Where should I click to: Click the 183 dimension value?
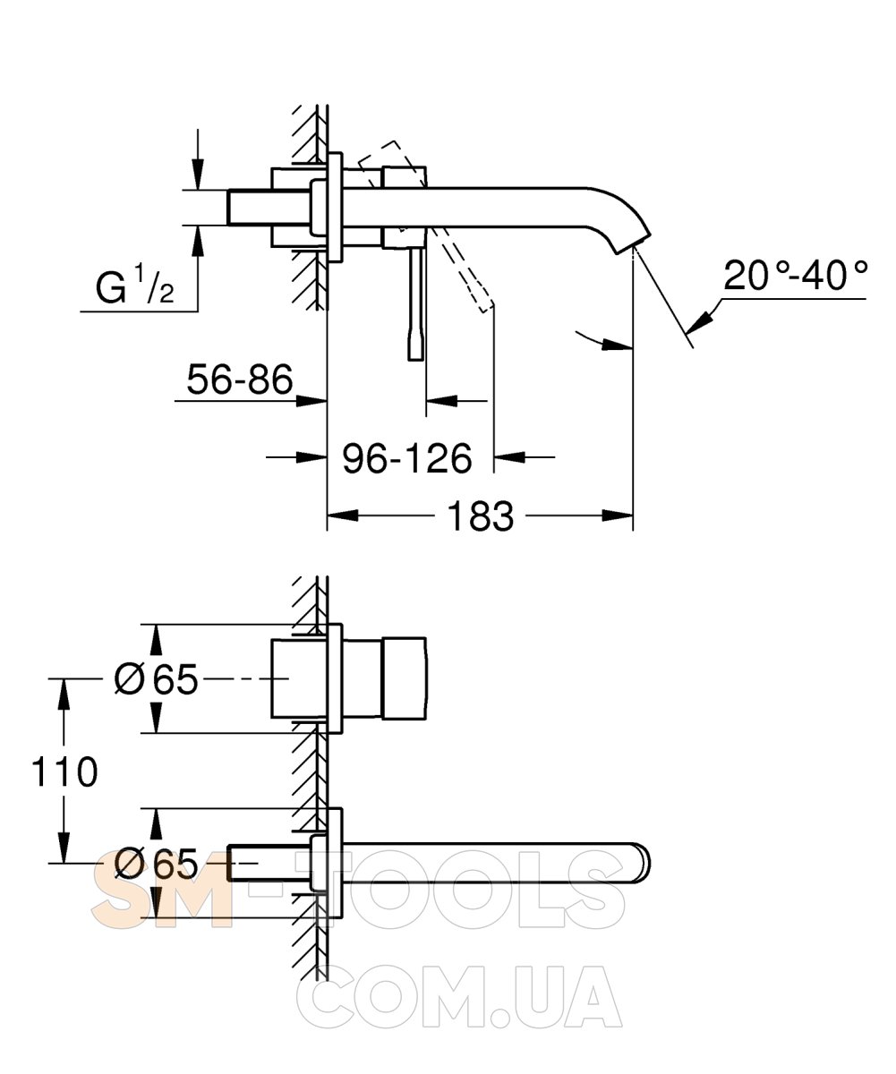pos(481,516)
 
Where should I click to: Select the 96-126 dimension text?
pos(407,457)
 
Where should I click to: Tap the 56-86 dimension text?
pos(240,379)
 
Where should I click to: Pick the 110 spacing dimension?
pos(64,771)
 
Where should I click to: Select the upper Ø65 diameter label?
pos(156,679)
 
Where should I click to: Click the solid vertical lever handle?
pos(416,303)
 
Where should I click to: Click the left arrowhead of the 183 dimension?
pos(343,516)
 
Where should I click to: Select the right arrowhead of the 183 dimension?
pos(618,516)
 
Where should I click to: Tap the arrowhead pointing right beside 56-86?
pos(311,401)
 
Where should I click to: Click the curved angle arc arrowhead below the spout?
pos(618,345)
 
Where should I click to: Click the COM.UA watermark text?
pos(459,993)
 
